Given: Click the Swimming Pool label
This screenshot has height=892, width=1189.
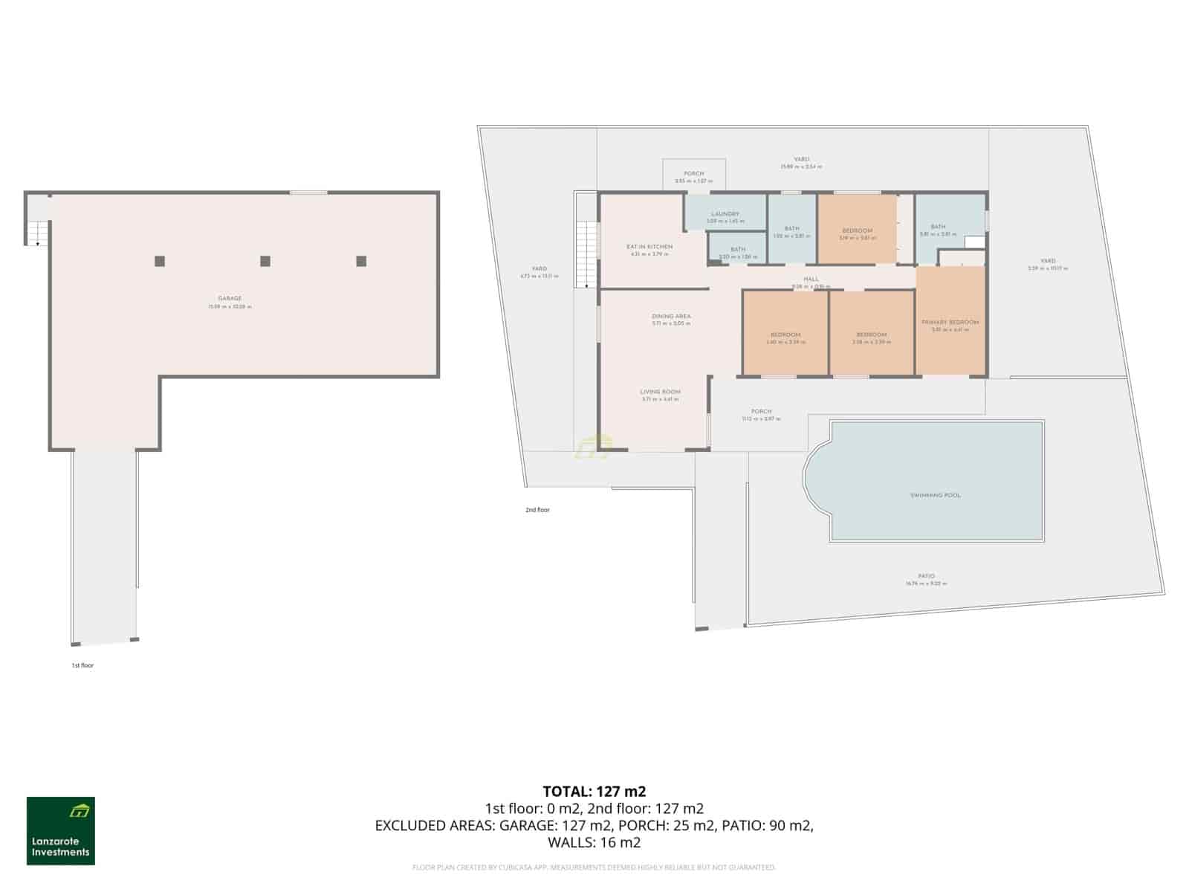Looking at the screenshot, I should point(936,495).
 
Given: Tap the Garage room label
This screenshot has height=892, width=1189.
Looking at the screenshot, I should point(230,299).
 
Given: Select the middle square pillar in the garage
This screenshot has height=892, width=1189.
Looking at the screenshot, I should point(265,261).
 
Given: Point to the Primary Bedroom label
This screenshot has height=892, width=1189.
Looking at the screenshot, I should point(950,323).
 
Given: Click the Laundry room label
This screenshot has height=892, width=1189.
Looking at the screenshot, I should point(725,214).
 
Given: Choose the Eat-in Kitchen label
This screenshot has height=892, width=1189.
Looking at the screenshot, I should point(649,247).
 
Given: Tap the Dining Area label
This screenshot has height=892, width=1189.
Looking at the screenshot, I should point(671,317).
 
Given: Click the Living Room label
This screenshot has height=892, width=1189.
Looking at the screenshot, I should point(661,392).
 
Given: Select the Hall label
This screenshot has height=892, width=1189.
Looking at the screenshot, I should point(811,279).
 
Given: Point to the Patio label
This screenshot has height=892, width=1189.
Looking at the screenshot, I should point(926,576).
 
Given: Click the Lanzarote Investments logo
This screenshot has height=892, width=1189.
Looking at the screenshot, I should point(61,831).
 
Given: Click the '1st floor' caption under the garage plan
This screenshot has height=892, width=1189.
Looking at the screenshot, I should point(82,665).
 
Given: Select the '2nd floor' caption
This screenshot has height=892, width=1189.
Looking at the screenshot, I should point(537,510).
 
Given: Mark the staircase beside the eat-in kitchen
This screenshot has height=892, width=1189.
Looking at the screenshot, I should point(588,253).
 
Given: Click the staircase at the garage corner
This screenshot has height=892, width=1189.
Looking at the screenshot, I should point(37,232).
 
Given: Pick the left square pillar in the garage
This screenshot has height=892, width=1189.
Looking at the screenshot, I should point(160,261).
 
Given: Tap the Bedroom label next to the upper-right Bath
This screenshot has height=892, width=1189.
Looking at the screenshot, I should point(857,231).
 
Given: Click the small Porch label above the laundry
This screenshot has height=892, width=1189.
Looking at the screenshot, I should point(694,174).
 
